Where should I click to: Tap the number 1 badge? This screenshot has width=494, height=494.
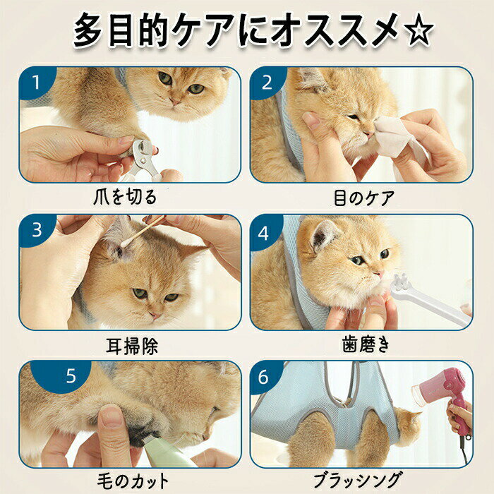(x=36, y=83)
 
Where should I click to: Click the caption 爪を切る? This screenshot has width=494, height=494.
(x=125, y=197)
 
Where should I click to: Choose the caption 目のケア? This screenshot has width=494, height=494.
(x=364, y=198)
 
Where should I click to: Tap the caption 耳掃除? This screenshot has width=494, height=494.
(x=132, y=346)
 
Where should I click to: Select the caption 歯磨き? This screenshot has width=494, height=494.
(x=366, y=344)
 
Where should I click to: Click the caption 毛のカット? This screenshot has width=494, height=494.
(x=133, y=481)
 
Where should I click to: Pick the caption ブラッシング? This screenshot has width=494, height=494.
(x=358, y=480)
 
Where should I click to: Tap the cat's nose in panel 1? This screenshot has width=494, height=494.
(x=175, y=101)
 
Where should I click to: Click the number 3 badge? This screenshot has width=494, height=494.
(x=37, y=231)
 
